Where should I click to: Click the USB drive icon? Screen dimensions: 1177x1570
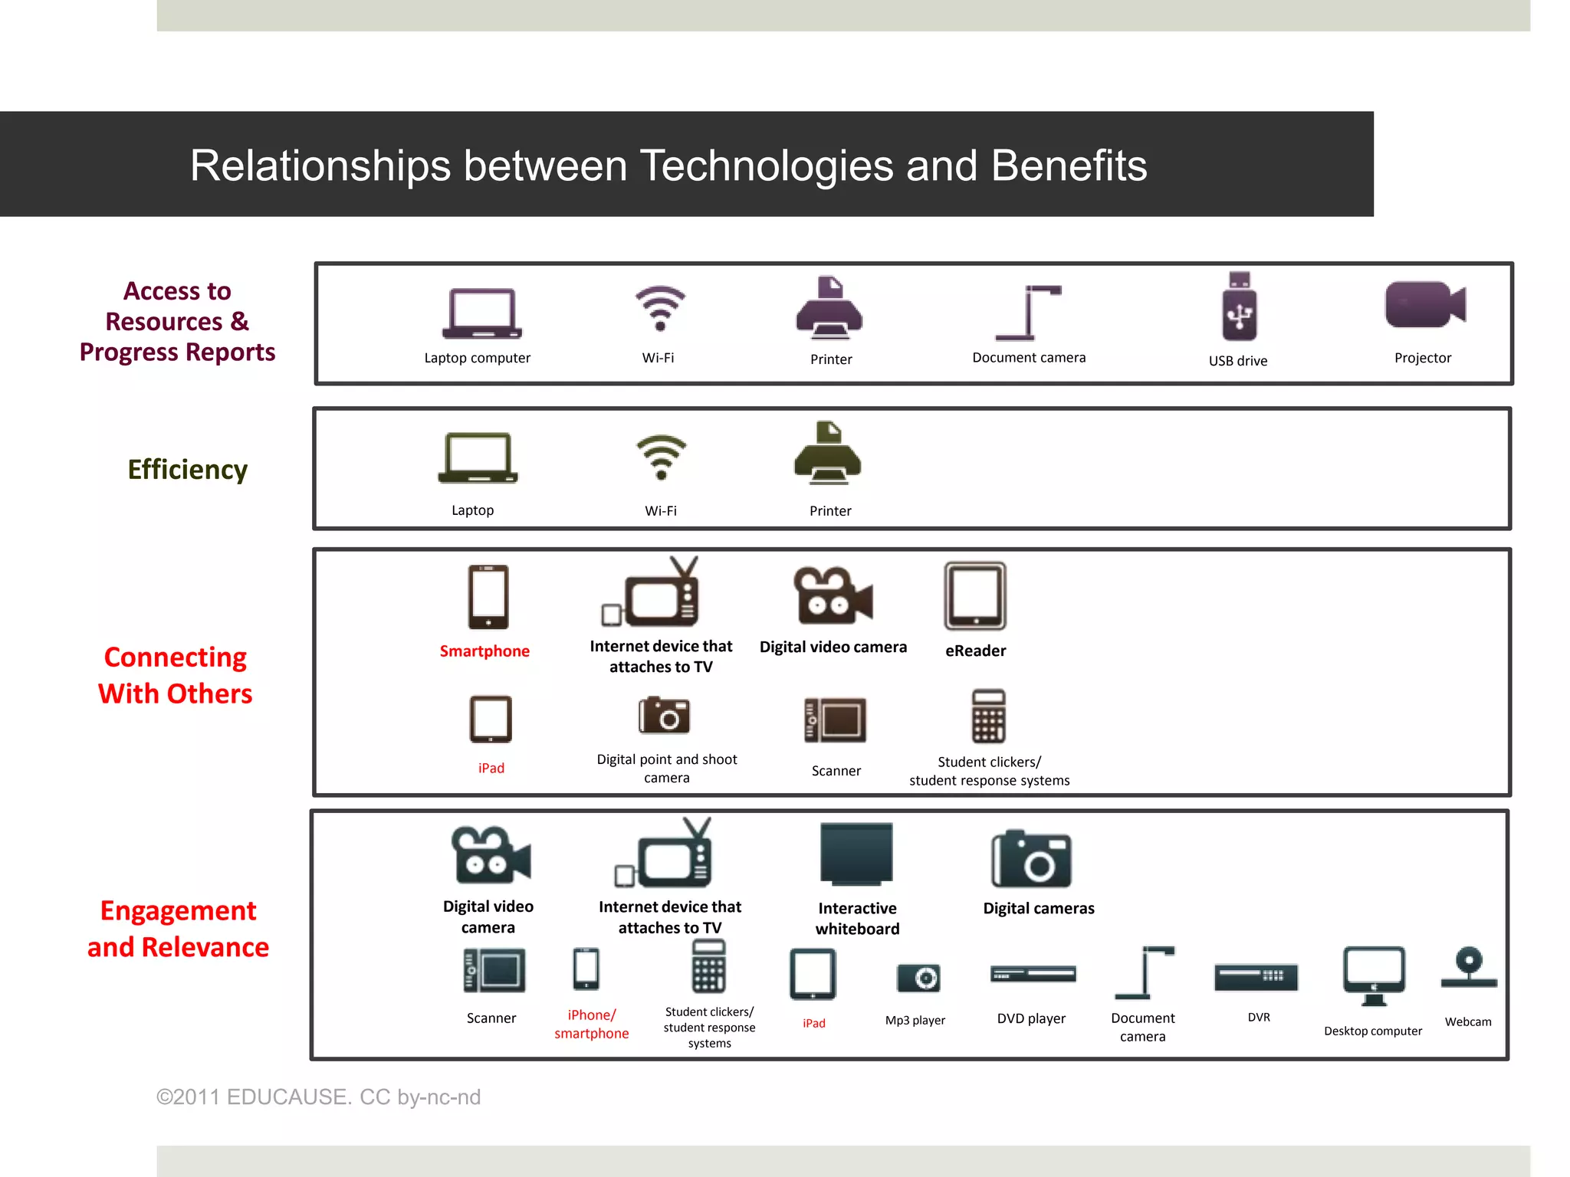click(1239, 307)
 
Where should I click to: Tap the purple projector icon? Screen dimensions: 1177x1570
click(1425, 304)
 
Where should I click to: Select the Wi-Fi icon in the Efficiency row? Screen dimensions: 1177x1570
click(661, 457)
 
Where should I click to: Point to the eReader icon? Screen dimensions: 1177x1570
click(975, 596)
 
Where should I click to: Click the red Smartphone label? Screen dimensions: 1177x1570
click(484, 651)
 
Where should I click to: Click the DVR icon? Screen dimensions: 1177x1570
click(1256, 977)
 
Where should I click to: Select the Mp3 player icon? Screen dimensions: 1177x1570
click(918, 978)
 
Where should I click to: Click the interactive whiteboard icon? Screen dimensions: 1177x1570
click(856, 854)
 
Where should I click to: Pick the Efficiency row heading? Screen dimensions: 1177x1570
click(188, 469)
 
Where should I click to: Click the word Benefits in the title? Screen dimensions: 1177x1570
click(1069, 166)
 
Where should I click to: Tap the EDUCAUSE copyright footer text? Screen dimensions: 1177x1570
click(318, 1097)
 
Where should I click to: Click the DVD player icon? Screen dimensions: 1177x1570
click(1033, 975)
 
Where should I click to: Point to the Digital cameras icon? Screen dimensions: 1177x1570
click(1032, 859)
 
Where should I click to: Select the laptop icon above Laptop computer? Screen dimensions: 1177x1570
click(481, 313)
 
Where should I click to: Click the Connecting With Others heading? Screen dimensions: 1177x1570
click(176, 675)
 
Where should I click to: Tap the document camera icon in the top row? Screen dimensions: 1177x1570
click(1028, 312)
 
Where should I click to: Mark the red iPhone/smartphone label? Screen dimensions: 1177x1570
click(591, 1024)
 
